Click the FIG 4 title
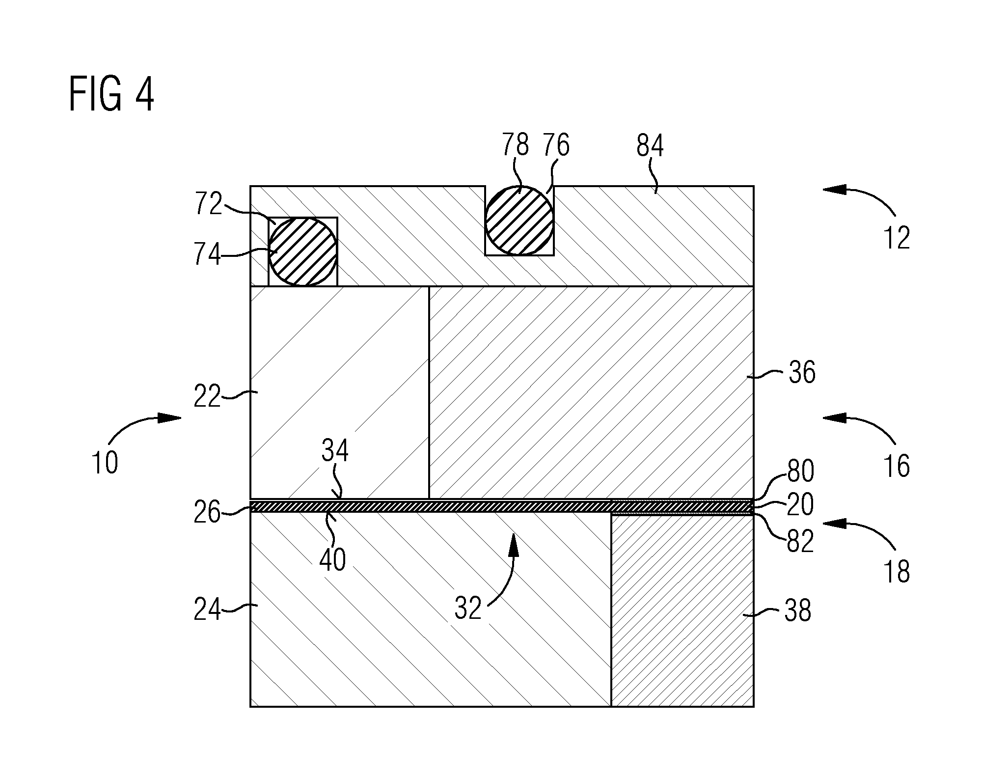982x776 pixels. pos(111,95)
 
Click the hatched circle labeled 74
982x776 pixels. pos(303,251)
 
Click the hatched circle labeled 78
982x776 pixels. pos(520,221)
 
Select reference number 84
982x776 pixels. pos(650,146)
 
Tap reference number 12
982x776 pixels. pos(897,239)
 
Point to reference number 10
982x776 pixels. pos(105,463)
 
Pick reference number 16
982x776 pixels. pos(897,466)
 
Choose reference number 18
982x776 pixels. pos(897,572)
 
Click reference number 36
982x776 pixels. pos(802,372)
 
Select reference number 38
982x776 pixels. pos(798,611)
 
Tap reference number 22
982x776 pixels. pos(207,397)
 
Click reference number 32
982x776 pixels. pos(468,609)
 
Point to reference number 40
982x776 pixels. pos(333,560)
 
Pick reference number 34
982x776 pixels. pos(335,450)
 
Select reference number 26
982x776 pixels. pos(207,512)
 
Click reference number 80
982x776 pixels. pos(801,471)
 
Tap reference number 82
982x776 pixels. pos(801,542)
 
